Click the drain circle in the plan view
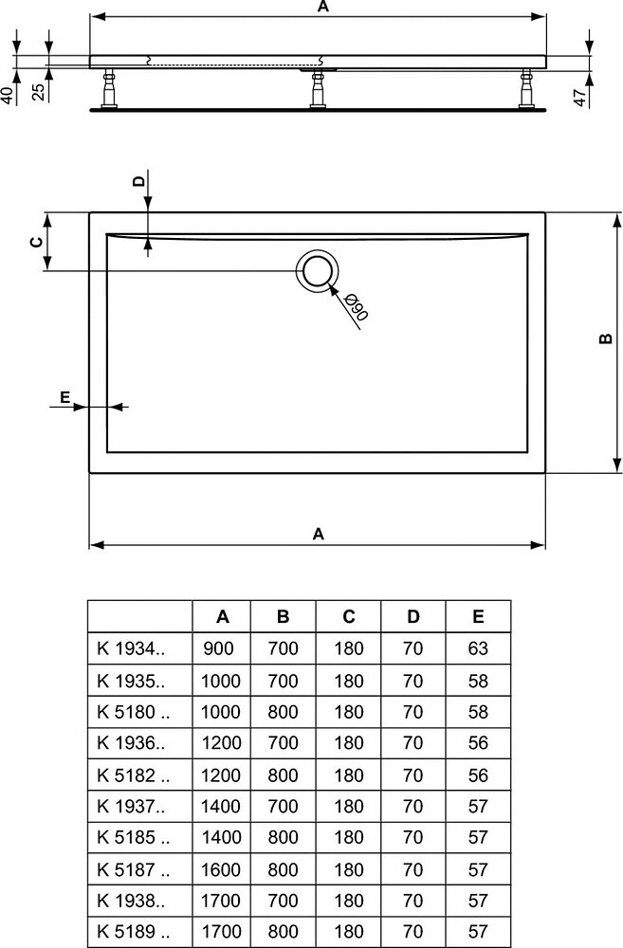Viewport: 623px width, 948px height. click(317, 271)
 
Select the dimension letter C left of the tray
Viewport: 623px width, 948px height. click(37, 242)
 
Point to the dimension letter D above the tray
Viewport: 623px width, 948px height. click(139, 181)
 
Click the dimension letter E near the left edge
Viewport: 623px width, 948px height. click(64, 397)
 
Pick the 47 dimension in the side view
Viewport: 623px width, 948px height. click(580, 98)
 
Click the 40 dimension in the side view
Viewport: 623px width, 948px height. click(7, 96)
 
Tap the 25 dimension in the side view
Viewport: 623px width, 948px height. click(38, 92)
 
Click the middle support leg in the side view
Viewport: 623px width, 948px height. click(318, 89)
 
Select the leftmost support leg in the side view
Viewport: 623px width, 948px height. click(109, 89)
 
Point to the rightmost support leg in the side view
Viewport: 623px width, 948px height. click(525, 89)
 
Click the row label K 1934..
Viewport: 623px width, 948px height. click(131, 648)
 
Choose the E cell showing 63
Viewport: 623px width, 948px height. click(478, 648)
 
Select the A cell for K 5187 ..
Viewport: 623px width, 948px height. click(221, 869)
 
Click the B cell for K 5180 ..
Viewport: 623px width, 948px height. click(284, 712)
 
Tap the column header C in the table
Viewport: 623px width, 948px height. click(348, 617)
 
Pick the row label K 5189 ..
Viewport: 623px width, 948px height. click(134, 932)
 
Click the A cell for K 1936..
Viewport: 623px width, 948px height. click(221, 743)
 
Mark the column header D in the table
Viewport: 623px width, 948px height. click(413, 617)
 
